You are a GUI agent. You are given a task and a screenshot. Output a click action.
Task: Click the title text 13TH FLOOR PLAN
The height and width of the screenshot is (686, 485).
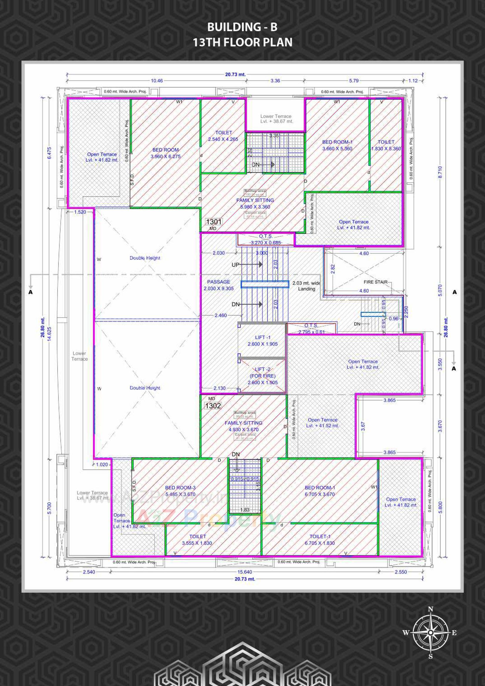pos(242,43)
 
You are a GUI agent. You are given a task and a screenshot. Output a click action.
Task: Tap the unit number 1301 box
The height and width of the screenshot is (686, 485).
pos(214,222)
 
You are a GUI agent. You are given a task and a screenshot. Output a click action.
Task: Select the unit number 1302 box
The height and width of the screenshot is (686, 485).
pos(213,406)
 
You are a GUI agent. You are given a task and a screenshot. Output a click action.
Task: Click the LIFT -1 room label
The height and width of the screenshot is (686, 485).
pos(262,341)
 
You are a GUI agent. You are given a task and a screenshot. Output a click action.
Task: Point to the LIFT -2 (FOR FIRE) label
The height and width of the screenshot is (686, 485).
pos(262,376)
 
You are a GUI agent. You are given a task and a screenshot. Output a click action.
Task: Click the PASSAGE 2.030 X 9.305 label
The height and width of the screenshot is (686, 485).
pos(219,285)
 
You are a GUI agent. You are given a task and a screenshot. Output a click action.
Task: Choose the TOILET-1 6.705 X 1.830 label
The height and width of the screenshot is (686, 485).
pos(320,540)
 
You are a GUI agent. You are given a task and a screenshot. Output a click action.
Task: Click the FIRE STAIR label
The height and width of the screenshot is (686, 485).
pos(375,282)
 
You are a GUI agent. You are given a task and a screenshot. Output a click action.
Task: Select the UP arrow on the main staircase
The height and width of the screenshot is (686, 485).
pos(247,265)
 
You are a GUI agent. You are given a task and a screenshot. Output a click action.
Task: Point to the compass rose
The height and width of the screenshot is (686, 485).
pos(430,633)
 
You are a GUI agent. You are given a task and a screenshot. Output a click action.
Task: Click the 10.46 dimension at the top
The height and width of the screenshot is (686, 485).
pos(157,81)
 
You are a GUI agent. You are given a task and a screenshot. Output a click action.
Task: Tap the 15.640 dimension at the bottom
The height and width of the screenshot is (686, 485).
pos(244,572)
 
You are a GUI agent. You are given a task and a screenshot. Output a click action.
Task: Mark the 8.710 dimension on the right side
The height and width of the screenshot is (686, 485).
pos(439,173)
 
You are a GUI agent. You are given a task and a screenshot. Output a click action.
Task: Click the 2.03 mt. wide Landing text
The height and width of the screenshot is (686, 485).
pos(306,286)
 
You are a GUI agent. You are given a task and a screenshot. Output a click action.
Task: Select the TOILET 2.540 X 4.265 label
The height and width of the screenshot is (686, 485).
pos(223,136)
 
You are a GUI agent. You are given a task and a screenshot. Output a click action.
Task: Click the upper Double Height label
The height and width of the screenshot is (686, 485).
pos(145,258)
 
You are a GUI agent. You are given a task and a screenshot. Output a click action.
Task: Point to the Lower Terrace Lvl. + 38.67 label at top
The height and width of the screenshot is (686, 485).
pos(276,119)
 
